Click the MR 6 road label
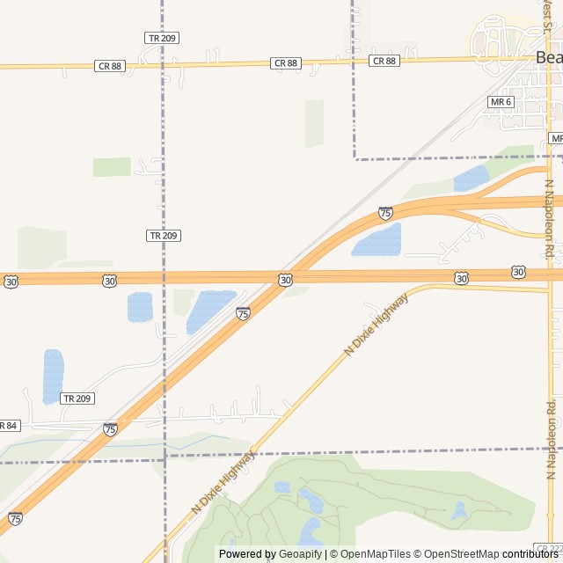coord(501,102)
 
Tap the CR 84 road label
coord(7,426)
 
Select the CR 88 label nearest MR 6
coord(384,61)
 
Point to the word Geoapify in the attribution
coord(301,554)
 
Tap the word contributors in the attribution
coord(530,554)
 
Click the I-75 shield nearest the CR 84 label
coord(110,429)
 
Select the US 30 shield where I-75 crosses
coord(286,280)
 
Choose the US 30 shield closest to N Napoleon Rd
coord(518,273)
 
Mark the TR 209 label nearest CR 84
coord(77,398)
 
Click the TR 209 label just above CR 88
coord(162,38)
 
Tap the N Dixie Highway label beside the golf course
coord(223,482)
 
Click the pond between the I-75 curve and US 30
coord(378,240)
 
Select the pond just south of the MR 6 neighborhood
coord(472,179)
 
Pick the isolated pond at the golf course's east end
coord(459,510)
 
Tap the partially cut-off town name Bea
coord(548,57)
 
